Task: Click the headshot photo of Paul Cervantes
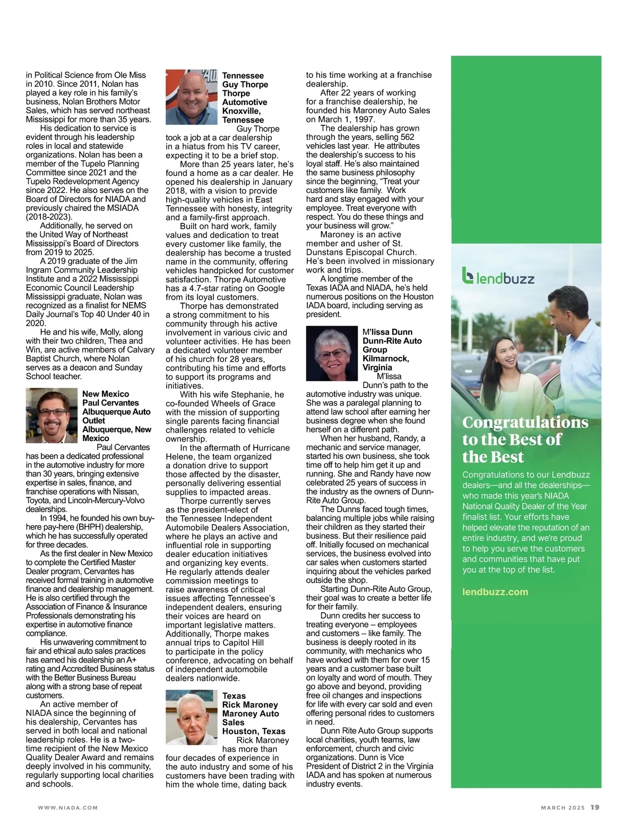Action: point(52,415)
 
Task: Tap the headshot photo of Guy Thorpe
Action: point(192,97)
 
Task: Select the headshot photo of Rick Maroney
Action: point(192,717)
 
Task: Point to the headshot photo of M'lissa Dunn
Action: point(332,353)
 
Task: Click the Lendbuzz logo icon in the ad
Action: point(468,276)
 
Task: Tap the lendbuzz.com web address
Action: point(495,592)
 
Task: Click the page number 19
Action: point(595,807)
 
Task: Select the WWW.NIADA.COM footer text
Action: point(68,808)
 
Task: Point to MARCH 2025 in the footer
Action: point(563,808)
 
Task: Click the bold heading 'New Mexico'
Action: point(106,394)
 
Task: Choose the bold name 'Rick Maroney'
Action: point(250,705)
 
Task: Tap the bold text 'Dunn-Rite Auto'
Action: point(392,341)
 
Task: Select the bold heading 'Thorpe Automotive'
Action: point(245,98)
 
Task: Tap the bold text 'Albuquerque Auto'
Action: point(116,412)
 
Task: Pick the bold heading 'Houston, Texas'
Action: point(254,731)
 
